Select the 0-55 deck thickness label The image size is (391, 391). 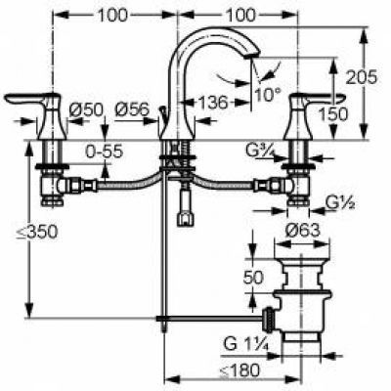106,152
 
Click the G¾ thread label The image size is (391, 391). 260,149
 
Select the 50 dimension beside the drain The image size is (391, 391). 252,279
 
